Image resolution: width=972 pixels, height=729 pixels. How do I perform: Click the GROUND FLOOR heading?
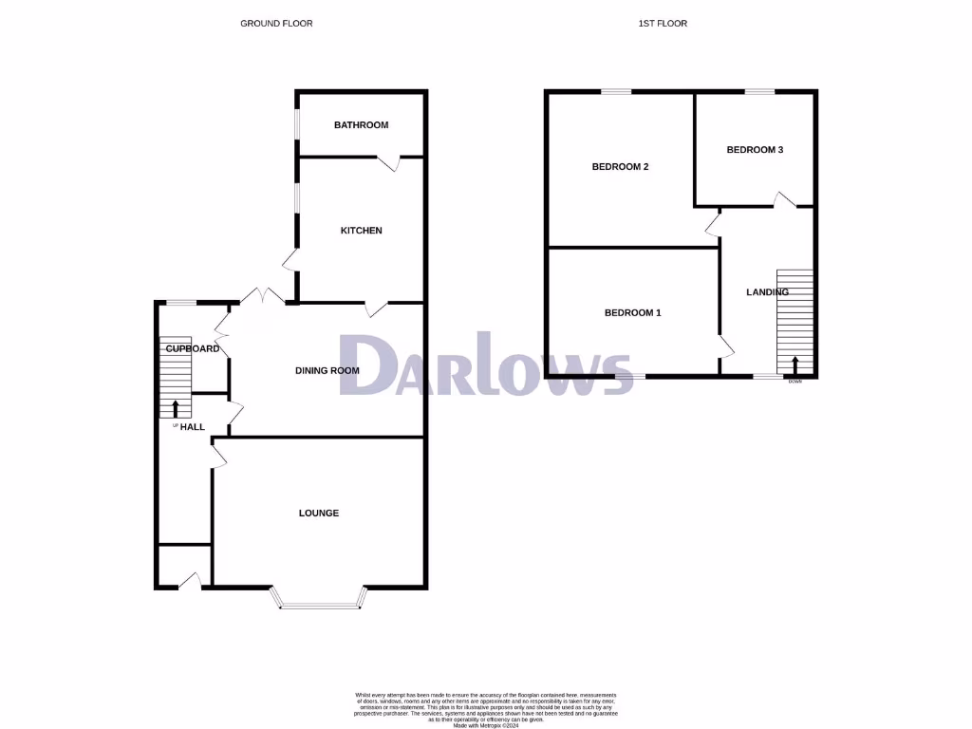pyautogui.click(x=276, y=23)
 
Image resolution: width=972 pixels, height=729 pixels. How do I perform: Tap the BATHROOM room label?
pyautogui.click(x=361, y=125)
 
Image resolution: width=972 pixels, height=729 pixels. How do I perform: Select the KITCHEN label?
pyautogui.click(x=361, y=231)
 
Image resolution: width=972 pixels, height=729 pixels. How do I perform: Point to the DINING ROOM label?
pyautogui.click(x=327, y=370)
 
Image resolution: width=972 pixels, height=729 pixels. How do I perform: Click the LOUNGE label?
pyautogui.click(x=319, y=514)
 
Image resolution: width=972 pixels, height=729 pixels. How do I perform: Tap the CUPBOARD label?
pyautogui.click(x=193, y=348)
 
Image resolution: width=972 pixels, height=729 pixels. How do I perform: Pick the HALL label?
pyautogui.click(x=193, y=427)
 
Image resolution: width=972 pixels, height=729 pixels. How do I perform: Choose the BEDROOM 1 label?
pyautogui.click(x=632, y=313)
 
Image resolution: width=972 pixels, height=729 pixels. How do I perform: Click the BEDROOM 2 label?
pyautogui.click(x=620, y=167)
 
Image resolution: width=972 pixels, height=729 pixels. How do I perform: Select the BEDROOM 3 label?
pyautogui.click(x=755, y=150)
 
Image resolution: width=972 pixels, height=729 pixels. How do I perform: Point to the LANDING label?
pyautogui.click(x=767, y=292)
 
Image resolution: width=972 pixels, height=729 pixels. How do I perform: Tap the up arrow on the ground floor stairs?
pyautogui.click(x=176, y=408)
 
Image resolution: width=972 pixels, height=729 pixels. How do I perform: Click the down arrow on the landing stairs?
pyautogui.click(x=795, y=365)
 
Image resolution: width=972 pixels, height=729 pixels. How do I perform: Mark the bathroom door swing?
pyautogui.click(x=392, y=163)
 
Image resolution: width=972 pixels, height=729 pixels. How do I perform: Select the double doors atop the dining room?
pyautogui.click(x=263, y=296)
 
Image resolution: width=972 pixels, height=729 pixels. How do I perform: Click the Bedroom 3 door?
pyautogui.click(x=784, y=199)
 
